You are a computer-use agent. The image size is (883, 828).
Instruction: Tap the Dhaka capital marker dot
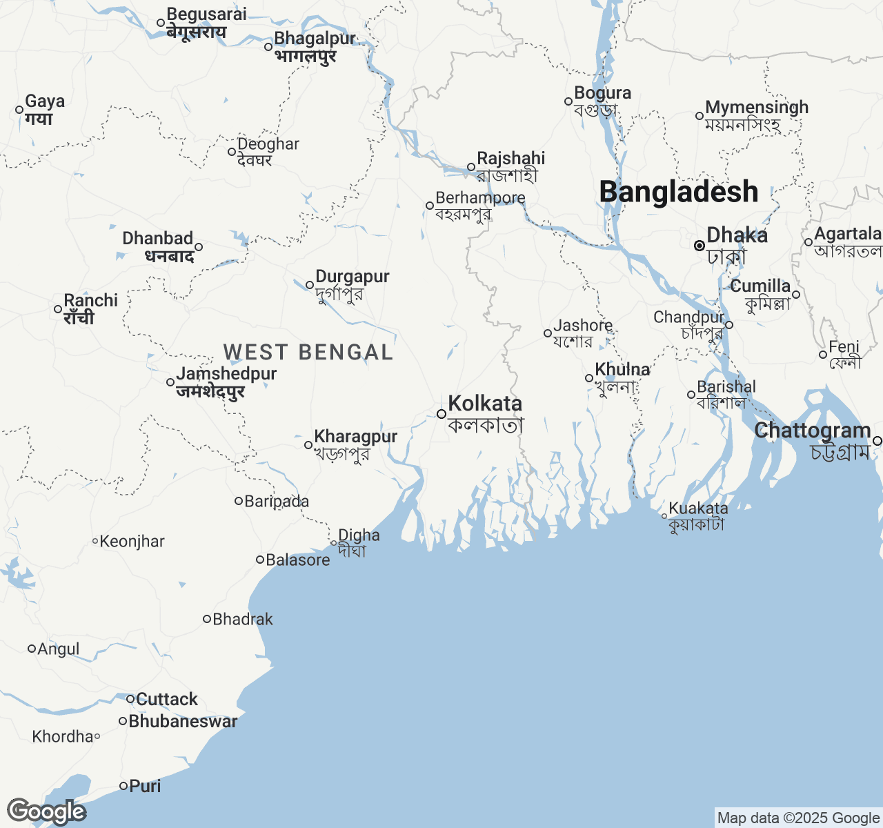point(699,245)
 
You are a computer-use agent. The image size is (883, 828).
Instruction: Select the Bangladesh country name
point(679,192)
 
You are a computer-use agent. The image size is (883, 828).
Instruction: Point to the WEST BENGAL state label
point(308,353)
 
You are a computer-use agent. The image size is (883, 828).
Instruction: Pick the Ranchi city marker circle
point(58,309)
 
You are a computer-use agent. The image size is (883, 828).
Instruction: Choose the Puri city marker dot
point(123,785)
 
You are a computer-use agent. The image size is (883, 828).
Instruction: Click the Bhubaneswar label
point(183,721)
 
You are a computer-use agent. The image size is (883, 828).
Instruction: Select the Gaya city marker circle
point(19,110)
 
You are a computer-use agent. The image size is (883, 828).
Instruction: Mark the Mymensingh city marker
point(700,116)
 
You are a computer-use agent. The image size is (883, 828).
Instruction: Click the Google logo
point(46,811)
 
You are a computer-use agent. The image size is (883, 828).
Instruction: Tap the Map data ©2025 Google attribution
point(798,818)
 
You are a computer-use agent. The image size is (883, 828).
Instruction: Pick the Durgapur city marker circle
point(310,285)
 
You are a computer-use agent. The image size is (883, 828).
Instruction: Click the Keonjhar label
point(132,542)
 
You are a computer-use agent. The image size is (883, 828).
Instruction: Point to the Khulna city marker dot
point(589,378)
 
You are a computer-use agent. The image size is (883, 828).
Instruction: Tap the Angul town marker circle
point(31,649)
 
